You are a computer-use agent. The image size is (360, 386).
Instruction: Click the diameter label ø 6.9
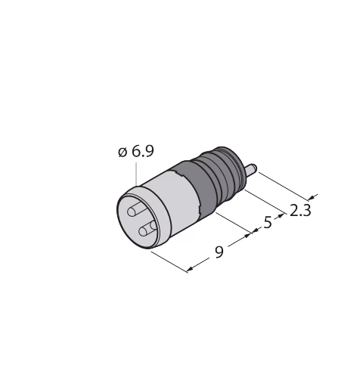point(136,151)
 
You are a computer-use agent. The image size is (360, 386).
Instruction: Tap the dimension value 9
point(219,252)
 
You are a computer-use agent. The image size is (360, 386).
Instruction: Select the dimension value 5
point(268,223)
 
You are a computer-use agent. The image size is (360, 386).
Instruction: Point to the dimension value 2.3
point(300,211)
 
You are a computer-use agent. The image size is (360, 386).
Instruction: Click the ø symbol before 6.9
point(123,152)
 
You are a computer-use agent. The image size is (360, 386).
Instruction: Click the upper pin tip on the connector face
point(132,212)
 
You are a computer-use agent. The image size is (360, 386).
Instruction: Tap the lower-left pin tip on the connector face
point(143,231)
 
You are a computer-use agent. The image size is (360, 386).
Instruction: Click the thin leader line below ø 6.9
point(136,174)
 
